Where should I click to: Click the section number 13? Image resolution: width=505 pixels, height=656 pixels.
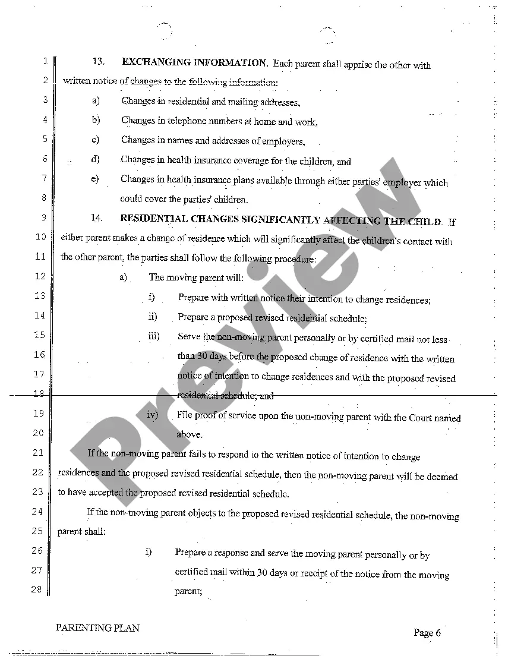(x=99, y=61)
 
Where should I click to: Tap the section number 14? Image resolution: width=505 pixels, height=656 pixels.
(x=97, y=218)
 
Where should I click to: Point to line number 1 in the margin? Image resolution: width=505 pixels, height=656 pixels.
(x=45, y=61)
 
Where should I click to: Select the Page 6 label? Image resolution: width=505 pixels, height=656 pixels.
(x=427, y=633)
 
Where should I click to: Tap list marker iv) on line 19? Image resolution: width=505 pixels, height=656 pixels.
(x=153, y=414)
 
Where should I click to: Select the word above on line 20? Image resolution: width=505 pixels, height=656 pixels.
(x=189, y=434)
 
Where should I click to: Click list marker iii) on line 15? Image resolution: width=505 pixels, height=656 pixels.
(x=154, y=336)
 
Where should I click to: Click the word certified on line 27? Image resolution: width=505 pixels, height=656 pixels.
(x=191, y=573)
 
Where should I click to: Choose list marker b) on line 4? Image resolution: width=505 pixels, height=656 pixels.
(x=96, y=120)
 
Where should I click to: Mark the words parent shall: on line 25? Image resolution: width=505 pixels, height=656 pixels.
(x=81, y=532)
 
